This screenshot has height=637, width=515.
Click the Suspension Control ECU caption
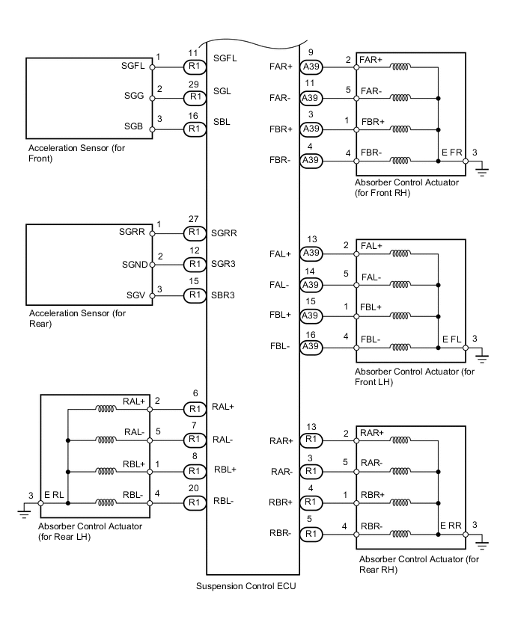[246, 585]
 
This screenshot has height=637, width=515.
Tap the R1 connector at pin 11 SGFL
[195, 67]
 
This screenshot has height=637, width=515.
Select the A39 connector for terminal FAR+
[311, 67]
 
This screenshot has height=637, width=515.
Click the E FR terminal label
[451, 153]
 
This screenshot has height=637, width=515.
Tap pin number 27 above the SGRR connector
[195, 219]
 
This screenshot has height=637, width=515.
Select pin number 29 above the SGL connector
[195, 84]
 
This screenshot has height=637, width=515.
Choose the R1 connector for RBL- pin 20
[195, 503]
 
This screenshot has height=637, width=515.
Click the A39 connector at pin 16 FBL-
[311, 347]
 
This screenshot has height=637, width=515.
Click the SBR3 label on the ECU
[224, 295]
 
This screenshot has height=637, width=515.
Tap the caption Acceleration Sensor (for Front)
[67, 153]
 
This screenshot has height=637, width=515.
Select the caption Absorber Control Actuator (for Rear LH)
[90, 531]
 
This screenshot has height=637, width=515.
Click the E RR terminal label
[451, 526]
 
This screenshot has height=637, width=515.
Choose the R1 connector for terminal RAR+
[311, 440]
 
